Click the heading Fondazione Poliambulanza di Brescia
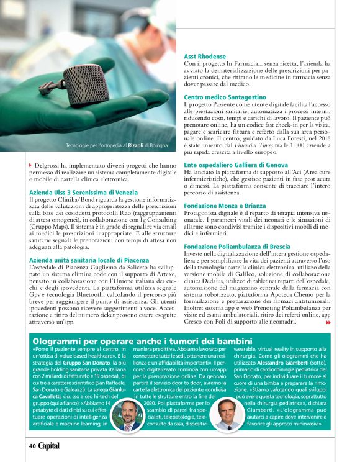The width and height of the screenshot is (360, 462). point(237,247)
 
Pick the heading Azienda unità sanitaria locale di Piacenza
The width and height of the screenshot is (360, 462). point(89,260)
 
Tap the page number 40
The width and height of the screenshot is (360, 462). point(32,445)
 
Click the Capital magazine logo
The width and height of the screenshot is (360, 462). point(50,445)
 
